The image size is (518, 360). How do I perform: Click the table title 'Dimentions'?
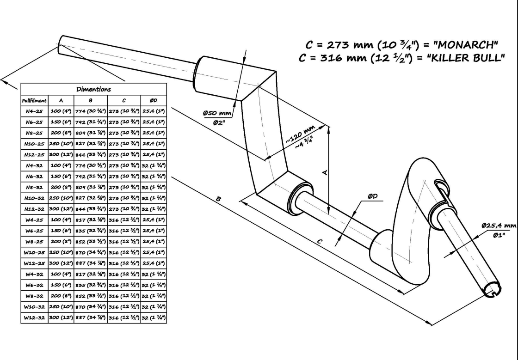(x=93, y=89)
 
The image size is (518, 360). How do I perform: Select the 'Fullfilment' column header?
(x=34, y=100)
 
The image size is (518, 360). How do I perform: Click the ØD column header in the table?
(x=153, y=100)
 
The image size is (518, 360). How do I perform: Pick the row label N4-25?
(x=34, y=111)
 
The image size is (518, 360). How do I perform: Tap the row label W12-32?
(x=34, y=317)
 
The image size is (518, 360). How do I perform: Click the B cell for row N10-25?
(x=91, y=144)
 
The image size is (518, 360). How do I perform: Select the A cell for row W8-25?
(x=61, y=242)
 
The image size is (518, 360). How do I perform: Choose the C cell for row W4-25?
(x=124, y=220)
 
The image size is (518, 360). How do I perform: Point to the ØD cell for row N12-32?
(x=153, y=209)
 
